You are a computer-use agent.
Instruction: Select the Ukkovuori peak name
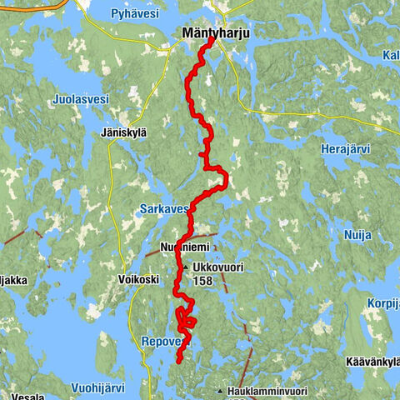pyautogui.click(x=215, y=267)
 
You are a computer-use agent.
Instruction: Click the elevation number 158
pyautogui.click(x=202, y=282)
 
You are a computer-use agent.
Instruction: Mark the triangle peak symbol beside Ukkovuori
pyautogui.click(x=185, y=267)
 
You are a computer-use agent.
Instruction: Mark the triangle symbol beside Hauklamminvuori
pyautogui.click(x=219, y=390)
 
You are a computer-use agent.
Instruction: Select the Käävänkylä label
pyautogui.click(x=372, y=362)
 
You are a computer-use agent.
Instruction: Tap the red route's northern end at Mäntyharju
pyautogui.click(x=213, y=37)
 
